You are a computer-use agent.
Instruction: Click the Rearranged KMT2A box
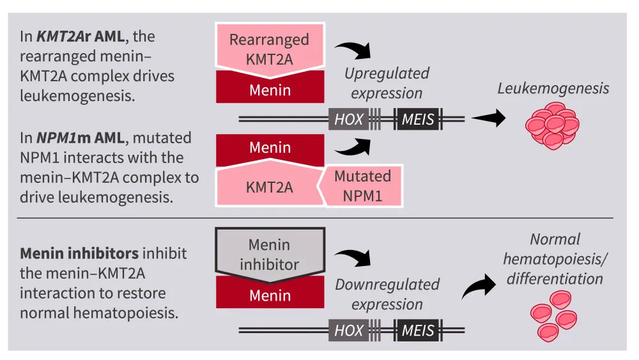tap(269, 49)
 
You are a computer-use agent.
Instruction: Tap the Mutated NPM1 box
tap(362, 185)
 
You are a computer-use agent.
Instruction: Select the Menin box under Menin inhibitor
tap(270, 295)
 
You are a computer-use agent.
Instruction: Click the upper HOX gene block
tap(348, 119)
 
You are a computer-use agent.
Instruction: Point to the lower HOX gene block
tap(349, 331)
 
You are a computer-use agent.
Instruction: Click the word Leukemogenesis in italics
tap(553, 88)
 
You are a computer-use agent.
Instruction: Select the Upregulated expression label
tap(387, 83)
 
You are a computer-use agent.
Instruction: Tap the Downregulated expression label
tap(387, 294)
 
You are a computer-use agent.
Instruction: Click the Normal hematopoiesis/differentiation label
tap(553, 259)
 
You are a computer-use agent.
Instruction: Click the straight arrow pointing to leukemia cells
tap(488, 118)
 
